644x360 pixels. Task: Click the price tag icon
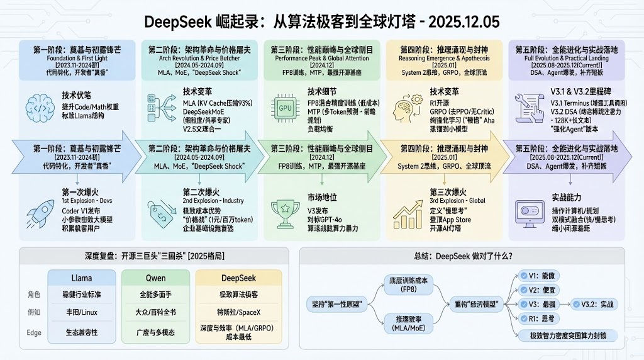(160, 210)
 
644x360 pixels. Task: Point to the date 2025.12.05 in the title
(463, 21)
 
